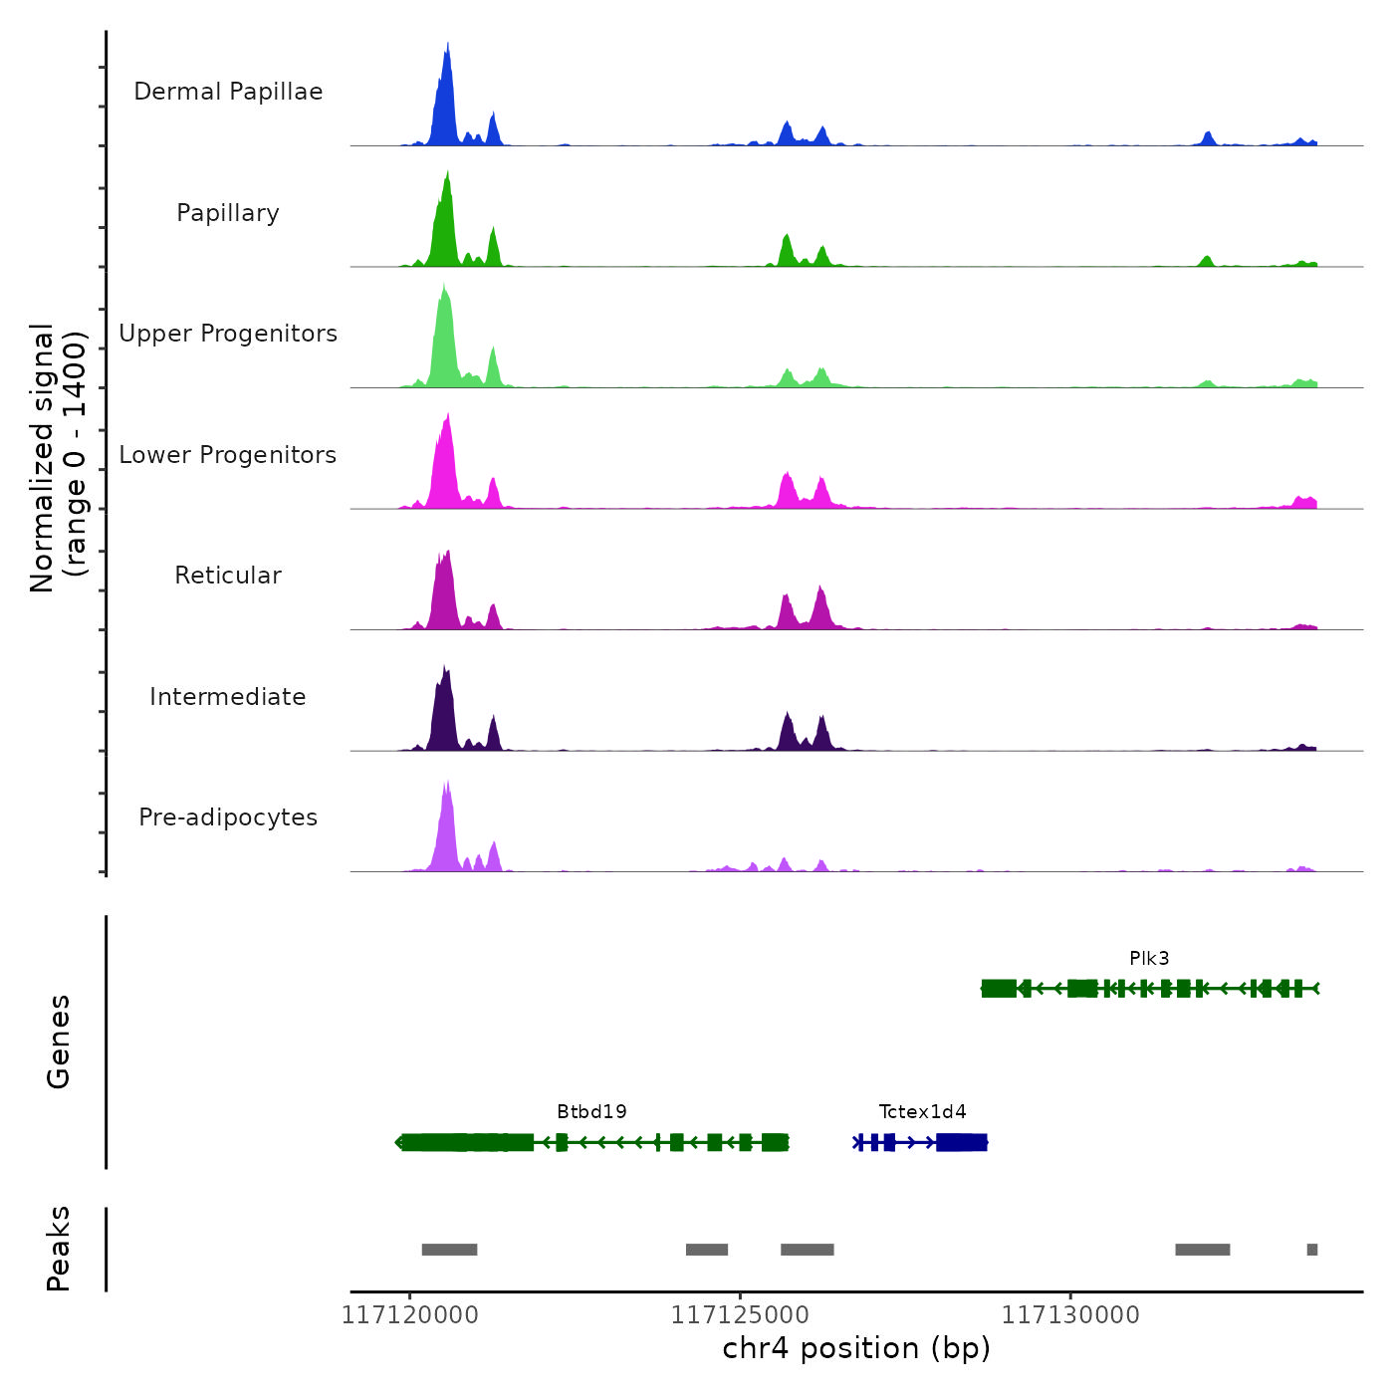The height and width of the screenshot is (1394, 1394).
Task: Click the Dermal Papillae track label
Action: [x=228, y=92]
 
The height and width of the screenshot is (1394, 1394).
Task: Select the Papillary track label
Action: [x=228, y=213]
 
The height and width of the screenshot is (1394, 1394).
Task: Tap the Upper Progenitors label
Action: [x=228, y=334]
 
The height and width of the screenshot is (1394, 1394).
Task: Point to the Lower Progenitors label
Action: [x=228, y=455]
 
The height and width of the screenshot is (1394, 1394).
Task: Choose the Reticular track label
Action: [x=228, y=576]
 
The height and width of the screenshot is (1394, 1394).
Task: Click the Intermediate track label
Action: [x=228, y=697]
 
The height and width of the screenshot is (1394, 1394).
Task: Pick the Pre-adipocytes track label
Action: [x=228, y=817]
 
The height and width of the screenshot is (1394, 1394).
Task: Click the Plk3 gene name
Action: [x=1149, y=958]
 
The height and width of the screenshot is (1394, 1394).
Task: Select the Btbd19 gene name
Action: [x=591, y=1111]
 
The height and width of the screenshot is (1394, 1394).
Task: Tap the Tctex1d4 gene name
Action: [x=922, y=1111]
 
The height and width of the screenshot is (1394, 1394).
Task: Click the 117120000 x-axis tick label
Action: [x=409, y=1315]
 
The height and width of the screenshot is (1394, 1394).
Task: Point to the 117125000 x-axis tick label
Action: [x=740, y=1315]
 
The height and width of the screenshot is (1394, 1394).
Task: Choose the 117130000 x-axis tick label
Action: [x=1070, y=1315]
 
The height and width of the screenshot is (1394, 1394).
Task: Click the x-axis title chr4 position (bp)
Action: [x=856, y=1348]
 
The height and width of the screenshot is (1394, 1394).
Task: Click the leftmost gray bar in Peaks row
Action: [x=449, y=1250]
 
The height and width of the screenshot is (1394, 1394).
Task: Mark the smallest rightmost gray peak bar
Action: [x=1312, y=1250]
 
